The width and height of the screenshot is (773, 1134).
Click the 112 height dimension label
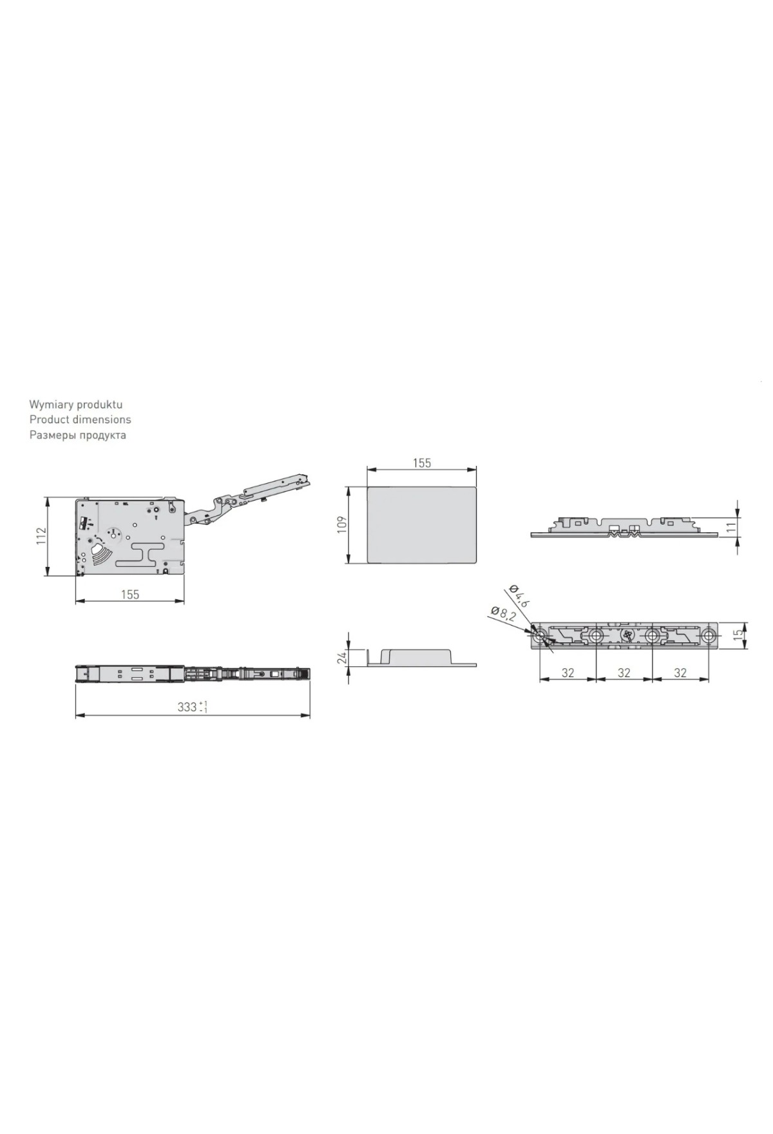click(x=41, y=536)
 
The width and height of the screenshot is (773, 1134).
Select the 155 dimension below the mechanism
click(x=130, y=594)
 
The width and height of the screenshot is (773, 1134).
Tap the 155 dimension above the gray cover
click(x=421, y=463)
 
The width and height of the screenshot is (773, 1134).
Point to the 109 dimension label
click(x=342, y=523)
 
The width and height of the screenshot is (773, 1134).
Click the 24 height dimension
click(x=342, y=657)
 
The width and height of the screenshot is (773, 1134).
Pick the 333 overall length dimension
click(x=192, y=707)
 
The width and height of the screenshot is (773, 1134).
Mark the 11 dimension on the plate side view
click(x=730, y=527)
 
